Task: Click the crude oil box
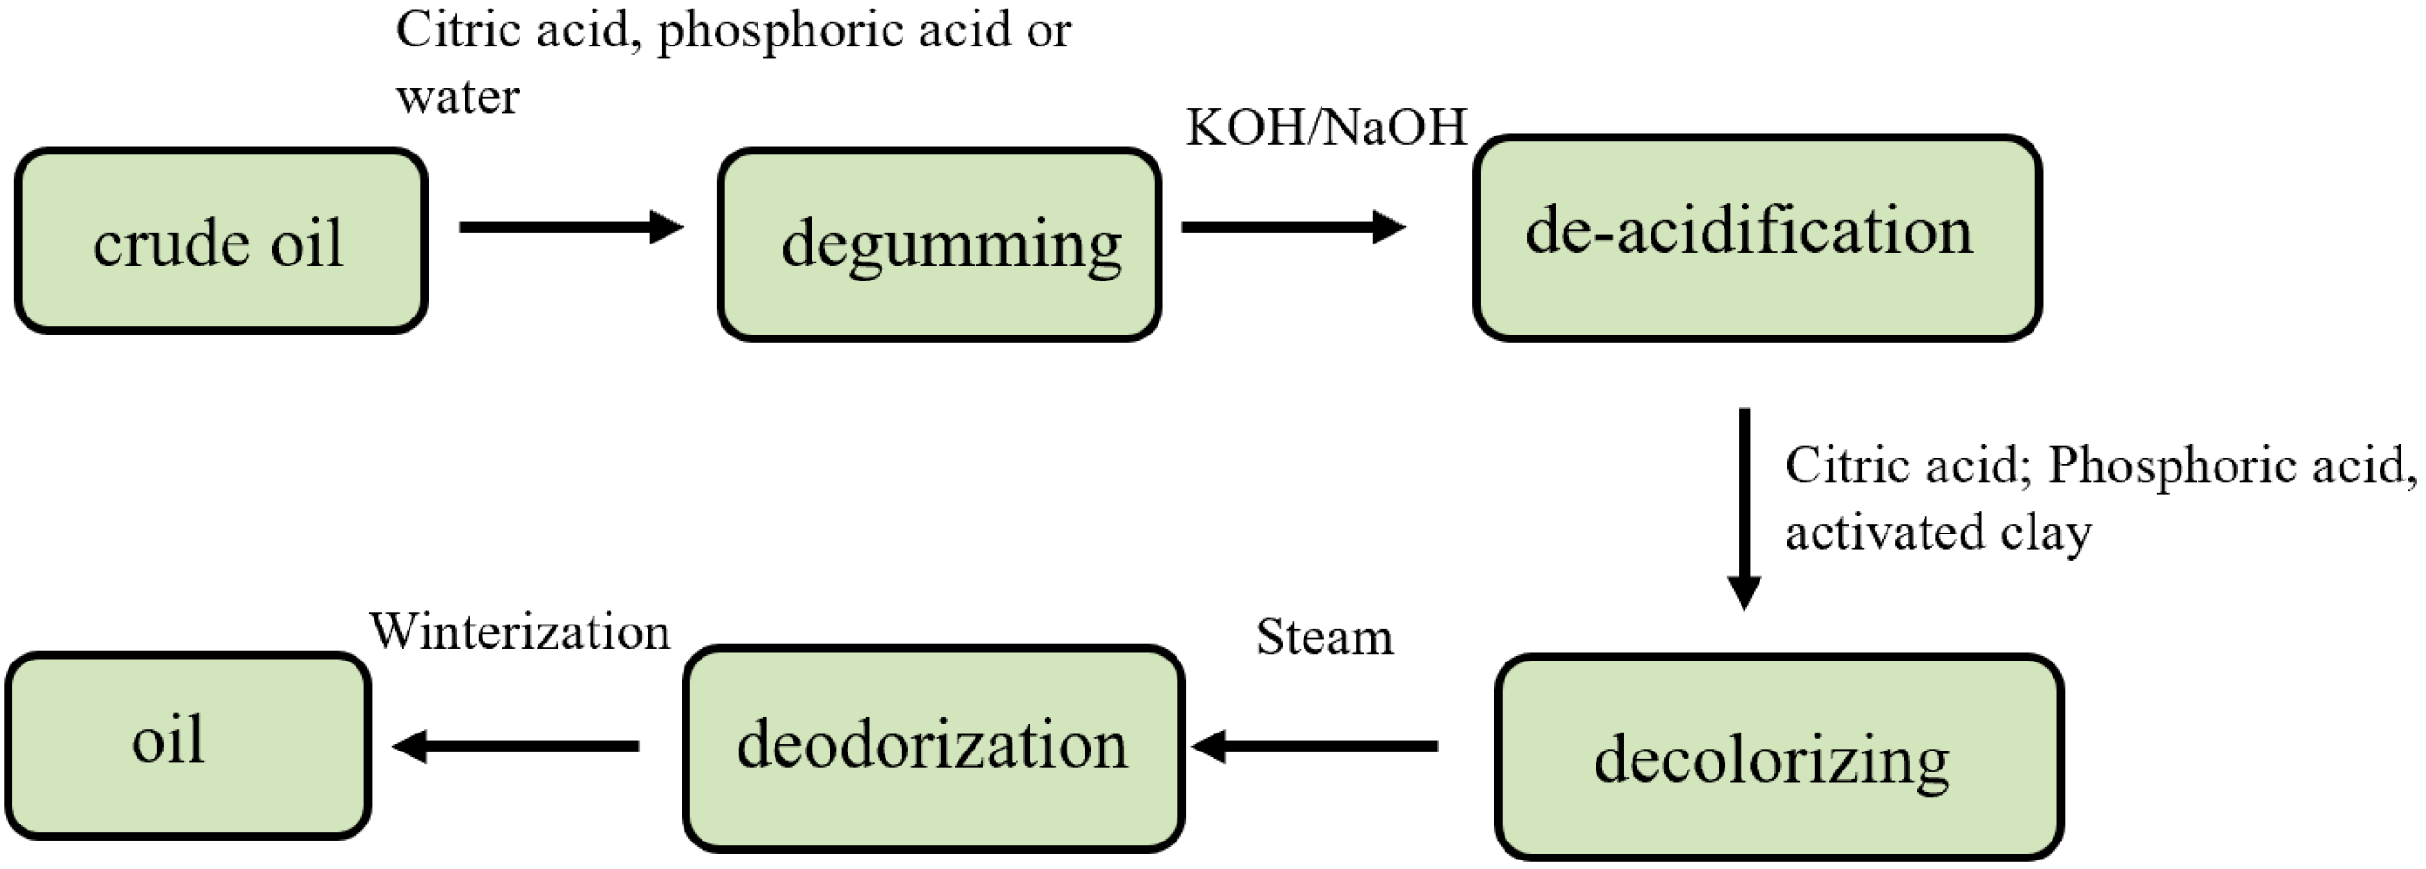pos(220,241)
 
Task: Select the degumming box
pos(939,244)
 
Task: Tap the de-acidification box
pos(1757,237)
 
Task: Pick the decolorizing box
pos(1778,757)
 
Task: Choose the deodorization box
pos(933,748)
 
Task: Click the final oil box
pos(187,745)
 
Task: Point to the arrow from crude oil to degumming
pos(570,227)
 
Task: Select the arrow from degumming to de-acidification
pos(1291,227)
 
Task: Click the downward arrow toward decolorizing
pos(1743,508)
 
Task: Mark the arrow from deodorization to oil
pos(516,747)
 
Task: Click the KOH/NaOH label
pos(1325,127)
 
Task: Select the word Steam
pos(1323,637)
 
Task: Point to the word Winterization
pos(520,631)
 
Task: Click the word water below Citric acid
pos(458,97)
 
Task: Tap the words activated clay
pos(1937,533)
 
